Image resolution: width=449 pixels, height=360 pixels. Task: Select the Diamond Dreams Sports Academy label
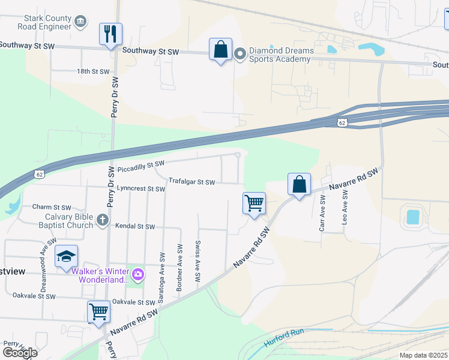274,55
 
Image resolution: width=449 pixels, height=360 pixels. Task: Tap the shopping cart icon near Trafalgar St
254,203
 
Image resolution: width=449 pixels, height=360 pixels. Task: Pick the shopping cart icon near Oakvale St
98,311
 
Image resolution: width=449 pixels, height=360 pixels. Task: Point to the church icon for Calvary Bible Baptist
102,221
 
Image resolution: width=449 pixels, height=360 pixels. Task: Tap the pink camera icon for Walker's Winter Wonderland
139,275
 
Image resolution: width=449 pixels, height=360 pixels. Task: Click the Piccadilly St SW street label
140,164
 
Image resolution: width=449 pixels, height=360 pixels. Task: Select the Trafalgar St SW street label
191,181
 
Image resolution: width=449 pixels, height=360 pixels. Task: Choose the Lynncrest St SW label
141,189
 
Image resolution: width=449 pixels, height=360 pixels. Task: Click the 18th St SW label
93,71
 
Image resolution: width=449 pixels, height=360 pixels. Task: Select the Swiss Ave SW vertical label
197,261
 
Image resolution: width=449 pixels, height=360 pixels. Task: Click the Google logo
20,353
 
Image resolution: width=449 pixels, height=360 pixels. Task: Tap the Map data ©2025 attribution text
423,355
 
